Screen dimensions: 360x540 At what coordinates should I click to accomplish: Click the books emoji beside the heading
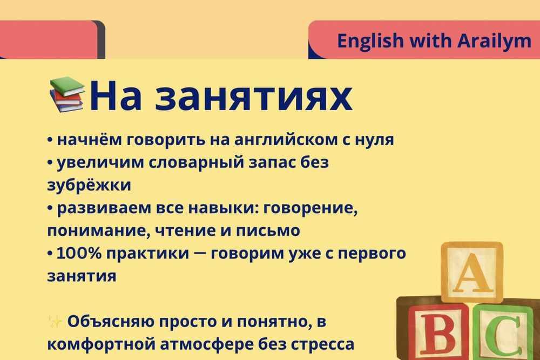tap(67, 94)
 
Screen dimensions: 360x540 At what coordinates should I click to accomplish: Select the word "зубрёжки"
tap(89, 185)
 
